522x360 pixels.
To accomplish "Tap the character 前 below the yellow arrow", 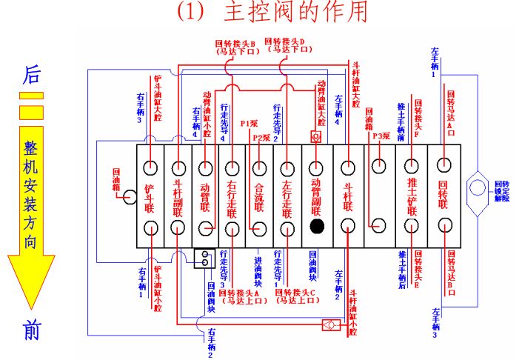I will point(31,331).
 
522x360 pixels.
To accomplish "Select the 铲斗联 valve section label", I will point(150,195).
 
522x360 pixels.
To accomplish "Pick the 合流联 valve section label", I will point(259,196).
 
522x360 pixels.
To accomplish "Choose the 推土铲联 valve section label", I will point(412,196).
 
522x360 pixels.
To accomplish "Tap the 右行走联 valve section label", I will point(232,196).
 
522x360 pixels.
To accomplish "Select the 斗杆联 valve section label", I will point(345,196).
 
